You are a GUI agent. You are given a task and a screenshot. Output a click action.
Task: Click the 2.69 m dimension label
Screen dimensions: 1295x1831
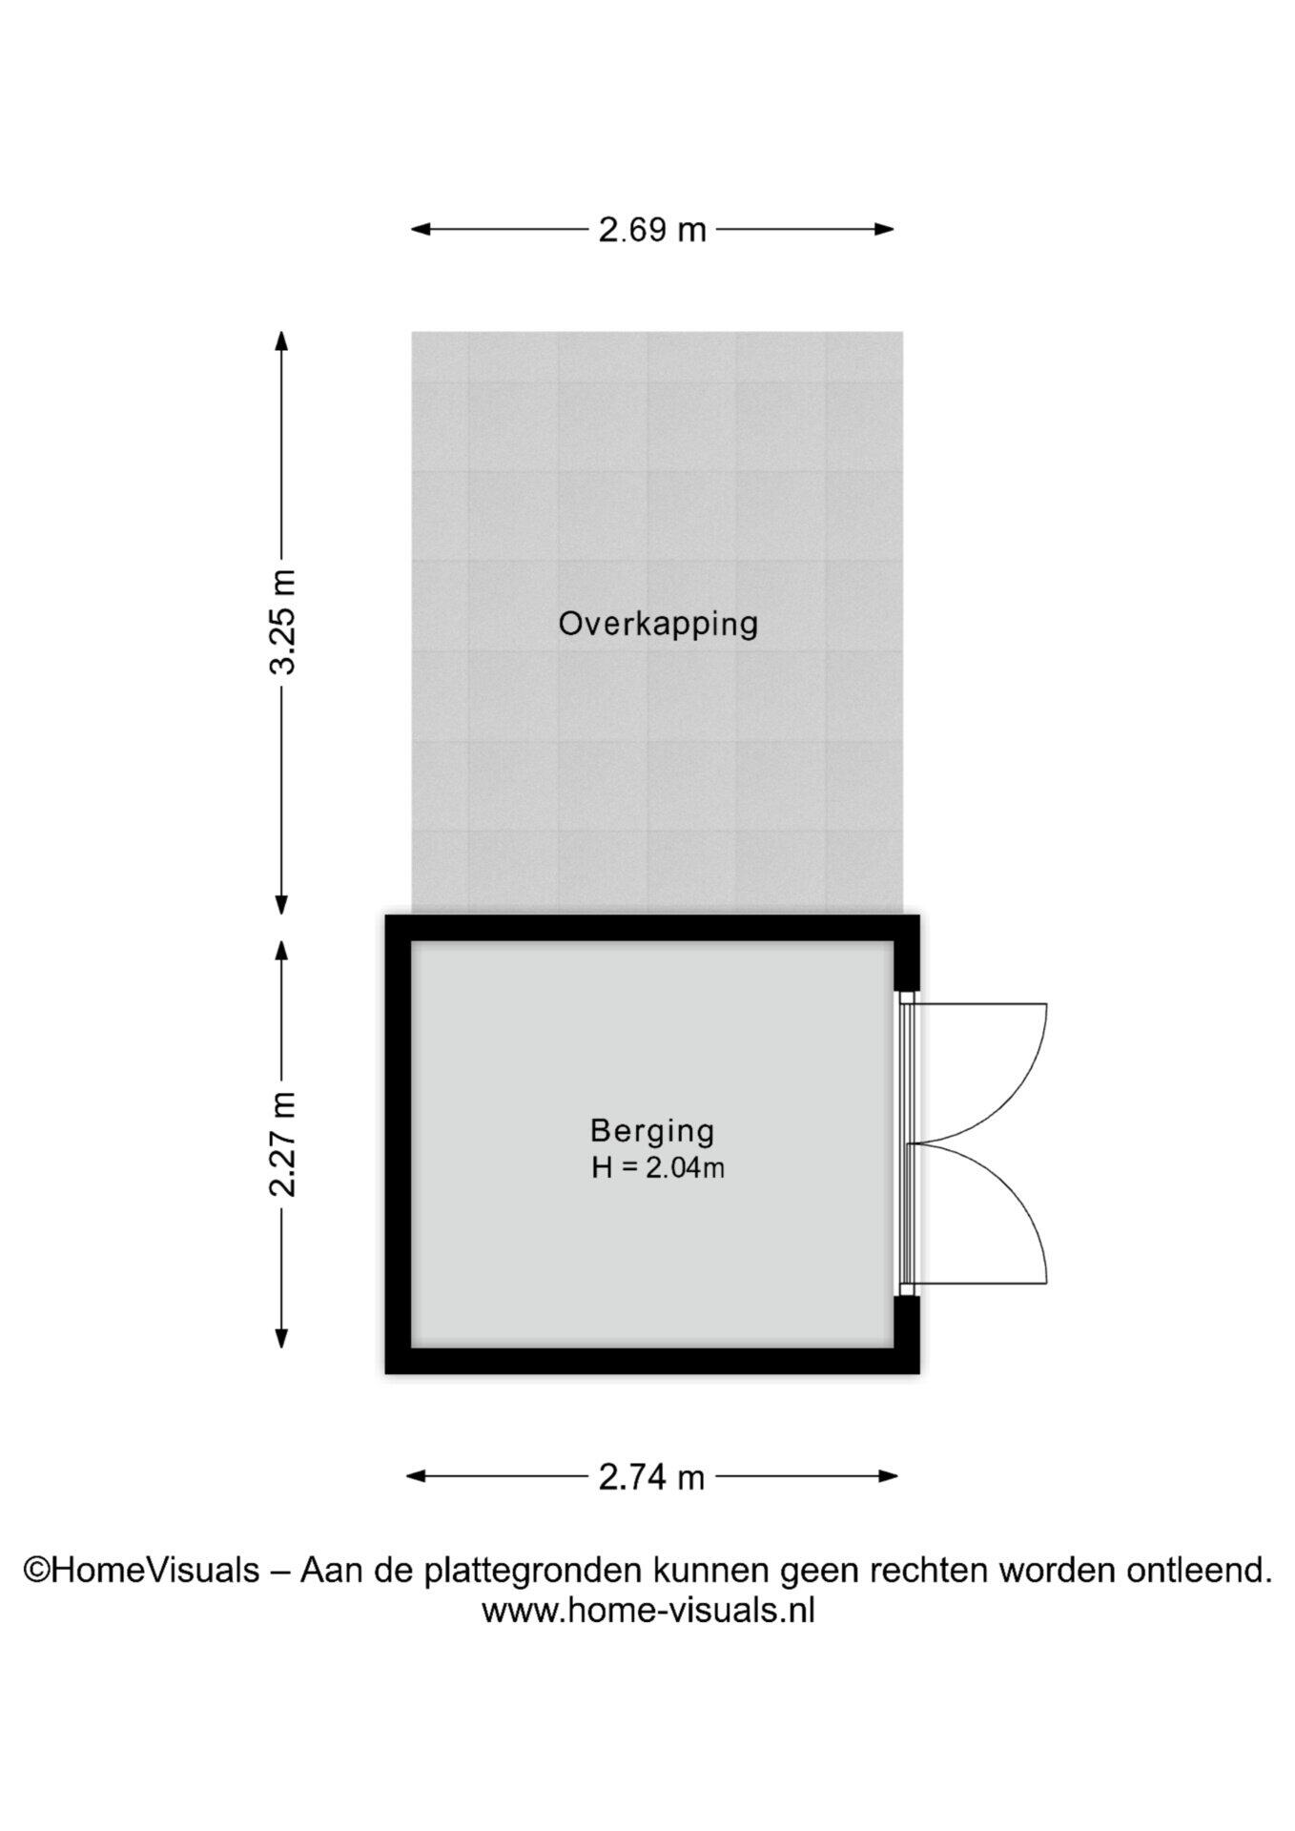[652, 230]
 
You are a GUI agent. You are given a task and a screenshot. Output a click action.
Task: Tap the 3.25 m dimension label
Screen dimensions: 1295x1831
[282, 622]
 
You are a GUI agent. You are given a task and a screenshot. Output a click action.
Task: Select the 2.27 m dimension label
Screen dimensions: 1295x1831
[282, 1143]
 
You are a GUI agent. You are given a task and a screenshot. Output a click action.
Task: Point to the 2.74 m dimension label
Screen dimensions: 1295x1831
[652, 1477]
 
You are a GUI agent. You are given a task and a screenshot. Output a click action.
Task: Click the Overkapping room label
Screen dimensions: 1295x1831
[658, 624]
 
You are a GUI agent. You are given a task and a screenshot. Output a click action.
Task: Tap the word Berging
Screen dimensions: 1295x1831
[652, 1130]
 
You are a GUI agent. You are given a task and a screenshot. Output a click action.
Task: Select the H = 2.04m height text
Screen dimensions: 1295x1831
[658, 1167]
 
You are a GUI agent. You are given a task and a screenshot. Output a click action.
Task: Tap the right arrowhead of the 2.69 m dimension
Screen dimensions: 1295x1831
[884, 229]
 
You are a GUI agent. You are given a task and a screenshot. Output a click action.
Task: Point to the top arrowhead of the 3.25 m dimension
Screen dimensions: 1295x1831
[281, 341]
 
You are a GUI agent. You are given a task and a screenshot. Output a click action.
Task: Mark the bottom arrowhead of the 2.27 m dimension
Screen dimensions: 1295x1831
[281, 1338]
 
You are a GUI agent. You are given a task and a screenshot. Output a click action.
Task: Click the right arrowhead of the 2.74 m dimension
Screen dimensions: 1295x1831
[887, 1476]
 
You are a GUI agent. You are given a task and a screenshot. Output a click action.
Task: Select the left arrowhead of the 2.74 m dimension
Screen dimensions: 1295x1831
[418, 1476]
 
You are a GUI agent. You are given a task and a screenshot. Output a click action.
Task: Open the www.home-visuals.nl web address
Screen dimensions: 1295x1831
[648, 1611]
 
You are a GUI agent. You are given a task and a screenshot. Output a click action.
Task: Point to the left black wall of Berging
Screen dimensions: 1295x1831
[398, 1144]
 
